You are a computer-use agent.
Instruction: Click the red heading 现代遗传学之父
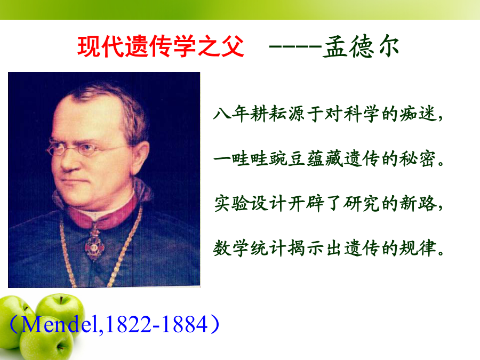[x=161, y=46]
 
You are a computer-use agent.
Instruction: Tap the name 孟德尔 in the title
[x=361, y=46]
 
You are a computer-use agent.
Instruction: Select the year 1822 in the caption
[x=129, y=325]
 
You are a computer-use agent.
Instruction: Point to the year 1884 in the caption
[x=185, y=325]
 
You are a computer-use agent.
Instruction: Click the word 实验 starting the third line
[x=231, y=204]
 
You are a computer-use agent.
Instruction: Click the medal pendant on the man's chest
[x=94, y=245]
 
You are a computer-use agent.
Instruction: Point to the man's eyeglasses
[x=86, y=148]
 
